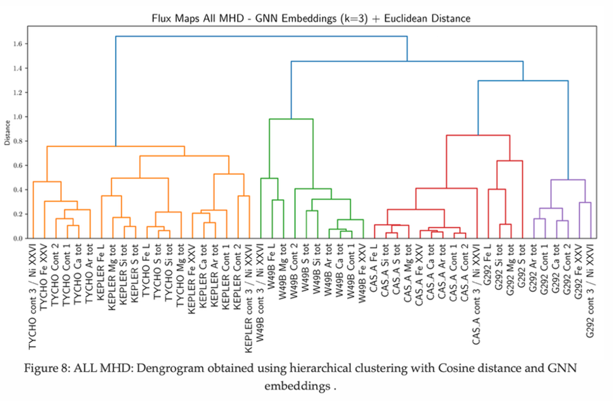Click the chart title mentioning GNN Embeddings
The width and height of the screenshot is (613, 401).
click(311, 19)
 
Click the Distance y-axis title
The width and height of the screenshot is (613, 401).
click(7, 133)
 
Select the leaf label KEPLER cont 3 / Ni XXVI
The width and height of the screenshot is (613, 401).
click(249, 298)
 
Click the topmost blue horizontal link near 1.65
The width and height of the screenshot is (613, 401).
click(261, 36)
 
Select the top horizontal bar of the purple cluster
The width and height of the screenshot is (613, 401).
click(568, 180)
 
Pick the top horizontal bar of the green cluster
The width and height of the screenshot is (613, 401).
click(291, 119)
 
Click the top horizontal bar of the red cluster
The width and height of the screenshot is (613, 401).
click(478, 136)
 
